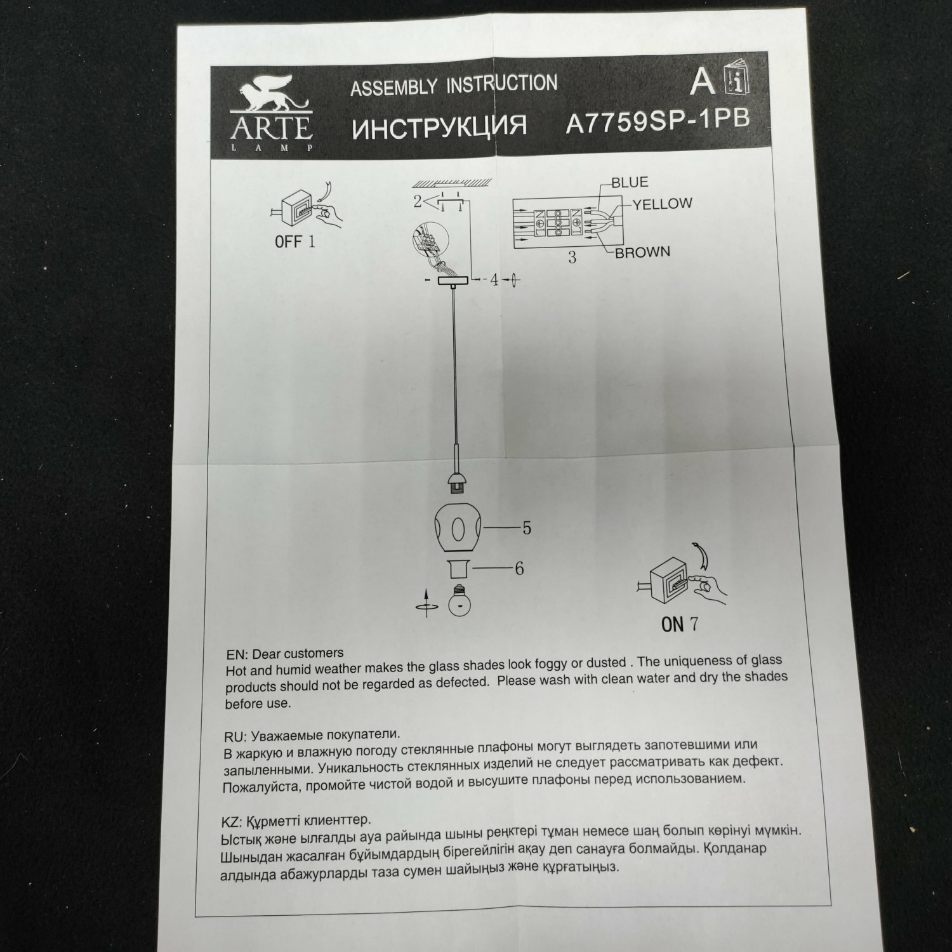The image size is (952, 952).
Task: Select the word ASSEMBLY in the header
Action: [393, 88]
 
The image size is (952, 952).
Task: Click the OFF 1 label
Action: [294, 242]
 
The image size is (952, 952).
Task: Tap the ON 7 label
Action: [679, 625]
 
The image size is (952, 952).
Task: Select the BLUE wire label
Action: [630, 183]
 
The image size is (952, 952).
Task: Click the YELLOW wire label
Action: [662, 204]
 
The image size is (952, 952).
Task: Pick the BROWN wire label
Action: [642, 252]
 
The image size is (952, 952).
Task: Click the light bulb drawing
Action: [458, 600]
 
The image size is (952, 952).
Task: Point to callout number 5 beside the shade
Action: [526, 528]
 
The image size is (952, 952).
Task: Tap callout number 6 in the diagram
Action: [519, 569]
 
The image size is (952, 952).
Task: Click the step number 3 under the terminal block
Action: [572, 258]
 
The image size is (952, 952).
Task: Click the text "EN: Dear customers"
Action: [284, 654]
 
